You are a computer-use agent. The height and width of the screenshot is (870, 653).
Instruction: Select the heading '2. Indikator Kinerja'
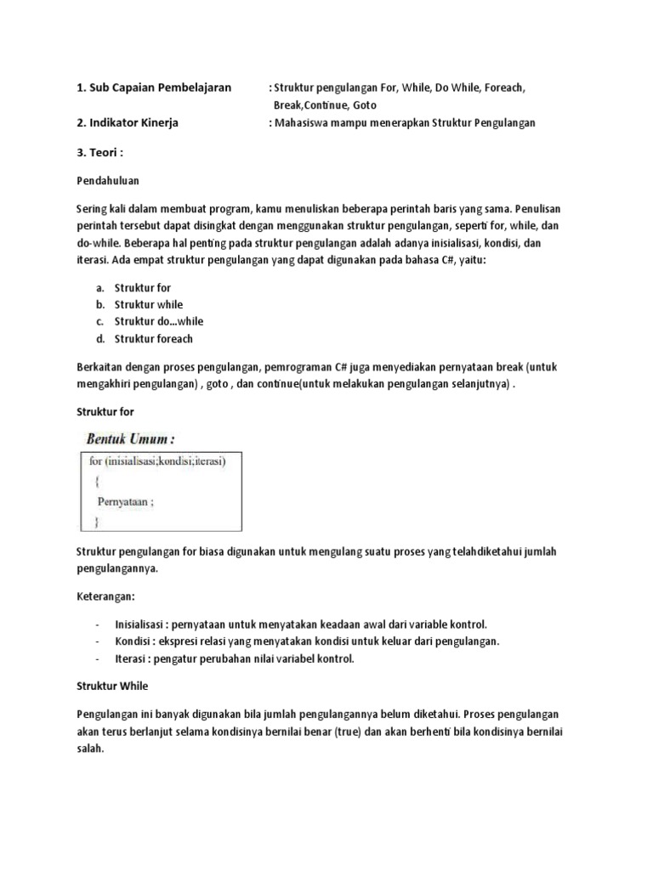pyautogui.click(x=128, y=122)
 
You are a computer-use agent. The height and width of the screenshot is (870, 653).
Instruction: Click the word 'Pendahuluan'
pyautogui.click(x=108, y=181)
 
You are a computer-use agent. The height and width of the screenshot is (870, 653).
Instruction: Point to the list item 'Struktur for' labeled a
pyautogui.click(x=143, y=288)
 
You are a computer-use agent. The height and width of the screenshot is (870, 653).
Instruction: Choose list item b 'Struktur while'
pyautogui.click(x=149, y=304)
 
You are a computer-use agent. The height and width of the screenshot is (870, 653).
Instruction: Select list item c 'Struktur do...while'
pyautogui.click(x=159, y=321)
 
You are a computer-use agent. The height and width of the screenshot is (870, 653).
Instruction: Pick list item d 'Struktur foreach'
pyautogui.click(x=154, y=339)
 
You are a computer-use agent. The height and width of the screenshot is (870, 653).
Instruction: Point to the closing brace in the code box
pyautogui.click(x=96, y=519)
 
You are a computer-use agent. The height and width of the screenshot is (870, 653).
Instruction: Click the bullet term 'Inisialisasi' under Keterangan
pyautogui.click(x=139, y=624)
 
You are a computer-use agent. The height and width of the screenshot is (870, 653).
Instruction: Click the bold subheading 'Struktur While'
pyautogui.click(x=112, y=685)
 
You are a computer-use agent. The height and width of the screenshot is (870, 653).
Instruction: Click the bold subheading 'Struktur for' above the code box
pyautogui.click(x=105, y=411)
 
